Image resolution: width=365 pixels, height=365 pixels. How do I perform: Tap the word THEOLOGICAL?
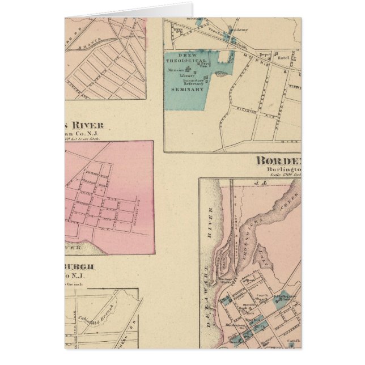(x=188, y=61)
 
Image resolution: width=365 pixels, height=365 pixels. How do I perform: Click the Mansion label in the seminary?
(x=177, y=70)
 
